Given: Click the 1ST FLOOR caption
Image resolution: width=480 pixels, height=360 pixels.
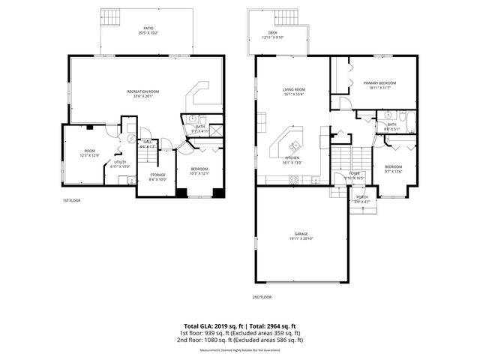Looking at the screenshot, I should [72, 201].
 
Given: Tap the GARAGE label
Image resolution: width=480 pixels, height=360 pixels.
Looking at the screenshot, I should [301, 234].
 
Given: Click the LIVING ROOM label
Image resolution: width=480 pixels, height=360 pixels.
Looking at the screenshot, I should [292, 89].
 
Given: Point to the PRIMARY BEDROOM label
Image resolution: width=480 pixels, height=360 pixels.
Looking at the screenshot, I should [379, 82].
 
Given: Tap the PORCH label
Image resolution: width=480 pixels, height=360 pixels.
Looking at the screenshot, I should [362, 197].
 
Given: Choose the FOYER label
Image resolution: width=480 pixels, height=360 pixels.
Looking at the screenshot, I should [354, 173].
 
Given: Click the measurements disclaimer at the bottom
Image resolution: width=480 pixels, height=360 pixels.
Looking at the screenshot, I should [239, 350].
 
